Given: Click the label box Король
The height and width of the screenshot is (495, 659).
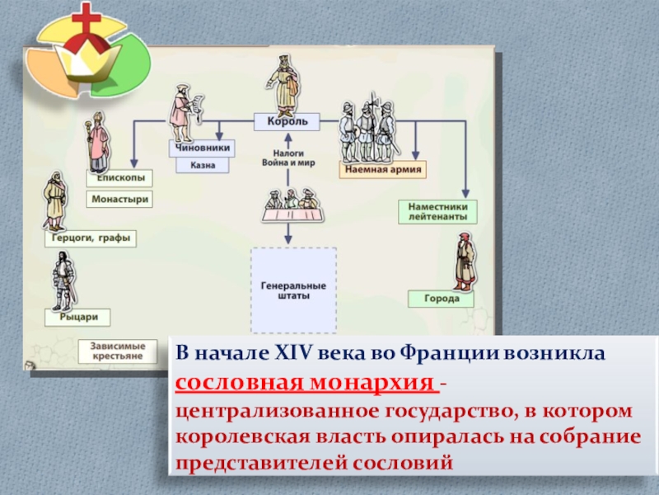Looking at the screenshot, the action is click(x=287, y=121).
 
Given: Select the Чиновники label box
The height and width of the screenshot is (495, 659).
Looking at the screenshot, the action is click(x=202, y=148).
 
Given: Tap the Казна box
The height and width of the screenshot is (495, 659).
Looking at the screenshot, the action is click(x=202, y=165).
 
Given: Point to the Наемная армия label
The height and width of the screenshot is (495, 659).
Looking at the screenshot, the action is click(x=382, y=171).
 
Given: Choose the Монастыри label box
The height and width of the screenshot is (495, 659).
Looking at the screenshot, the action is click(x=120, y=199).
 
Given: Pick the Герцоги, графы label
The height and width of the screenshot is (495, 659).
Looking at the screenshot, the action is click(x=91, y=238).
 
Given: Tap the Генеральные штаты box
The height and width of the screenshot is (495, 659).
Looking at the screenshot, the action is click(x=292, y=290).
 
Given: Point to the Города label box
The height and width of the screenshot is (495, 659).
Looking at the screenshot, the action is click(x=442, y=299).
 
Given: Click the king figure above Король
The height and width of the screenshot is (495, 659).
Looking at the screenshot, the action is click(x=282, y=82).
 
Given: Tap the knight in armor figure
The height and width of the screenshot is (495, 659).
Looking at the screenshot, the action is click(x=63, y=280).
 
